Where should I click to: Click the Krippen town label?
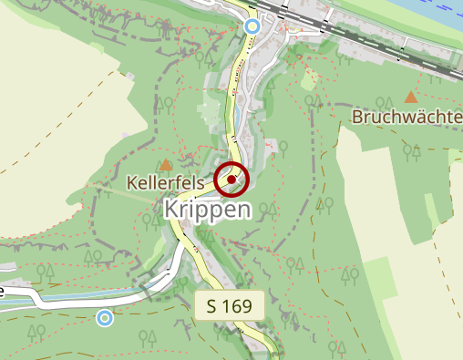point(208,209)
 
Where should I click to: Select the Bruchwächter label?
point(406,117)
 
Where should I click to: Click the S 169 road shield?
point(230,305)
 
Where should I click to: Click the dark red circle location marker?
point(232,180)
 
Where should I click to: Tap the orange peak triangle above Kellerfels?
point(166,165)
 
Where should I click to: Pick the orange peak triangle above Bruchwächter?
point(410,96)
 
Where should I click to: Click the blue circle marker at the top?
point(253,26)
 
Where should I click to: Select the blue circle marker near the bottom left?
point(106,317)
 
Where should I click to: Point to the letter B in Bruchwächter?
point(357,117)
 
